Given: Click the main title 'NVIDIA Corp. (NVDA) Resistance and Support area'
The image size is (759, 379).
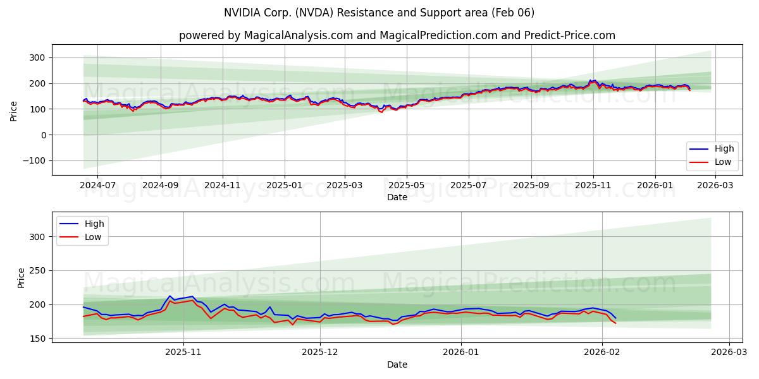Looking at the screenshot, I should click(x=379, y=13).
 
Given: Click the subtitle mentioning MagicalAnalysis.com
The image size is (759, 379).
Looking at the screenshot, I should click(x=397, y=35).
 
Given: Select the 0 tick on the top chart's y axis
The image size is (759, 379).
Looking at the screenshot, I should click(x=44, y=135).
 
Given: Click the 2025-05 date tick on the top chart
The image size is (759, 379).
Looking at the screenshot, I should click(x=407, y=186).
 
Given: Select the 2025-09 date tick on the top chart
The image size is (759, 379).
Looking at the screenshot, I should click(x=531, y=186).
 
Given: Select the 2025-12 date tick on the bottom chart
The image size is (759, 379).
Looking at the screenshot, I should click(x=320, y=352).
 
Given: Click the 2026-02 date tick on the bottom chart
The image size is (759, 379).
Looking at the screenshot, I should click(x=602, y=352).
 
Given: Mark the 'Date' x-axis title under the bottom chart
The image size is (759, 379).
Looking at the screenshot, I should click(x=397, y=364).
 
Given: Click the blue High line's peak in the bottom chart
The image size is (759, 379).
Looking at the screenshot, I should click(x=170, y=296).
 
